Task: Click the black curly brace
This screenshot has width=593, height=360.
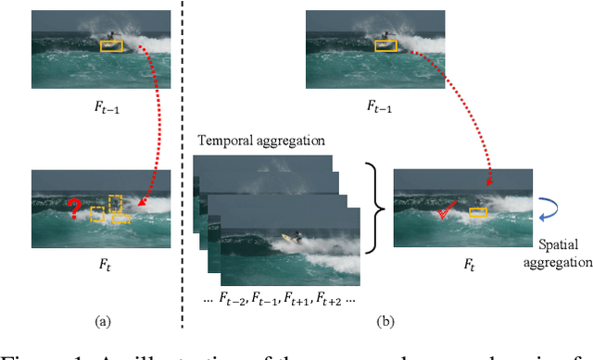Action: pyautogui.click(x=370, y=205)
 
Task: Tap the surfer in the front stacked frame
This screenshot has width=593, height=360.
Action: pyautogui.click(x=294, y=240)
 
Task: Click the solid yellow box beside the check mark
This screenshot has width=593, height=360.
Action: pyautogui.click(x=478, y=214)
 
